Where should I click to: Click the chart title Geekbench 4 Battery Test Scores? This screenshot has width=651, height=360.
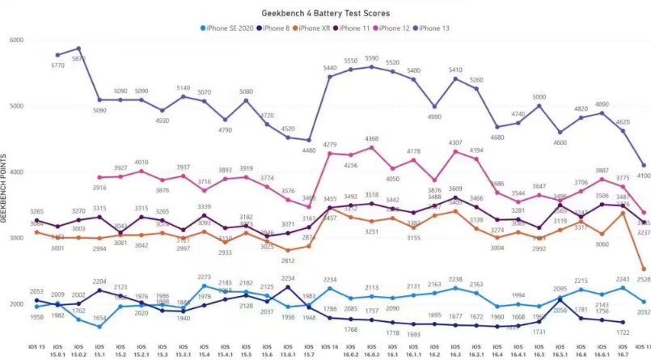click(326, 14)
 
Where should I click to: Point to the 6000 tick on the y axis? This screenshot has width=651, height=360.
click(16, 40)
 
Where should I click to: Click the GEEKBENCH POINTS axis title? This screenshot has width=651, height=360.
click(4, 188)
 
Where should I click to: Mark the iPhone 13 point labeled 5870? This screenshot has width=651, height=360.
click(78, 49)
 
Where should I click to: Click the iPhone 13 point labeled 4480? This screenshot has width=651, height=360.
click(309, 140)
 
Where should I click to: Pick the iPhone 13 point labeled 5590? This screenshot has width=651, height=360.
click(372, 66)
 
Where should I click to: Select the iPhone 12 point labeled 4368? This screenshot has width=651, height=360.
click(372, 147)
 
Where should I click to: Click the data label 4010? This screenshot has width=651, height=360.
click(142, 162)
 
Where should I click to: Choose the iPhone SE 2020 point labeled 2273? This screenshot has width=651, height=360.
click(204, 286)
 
